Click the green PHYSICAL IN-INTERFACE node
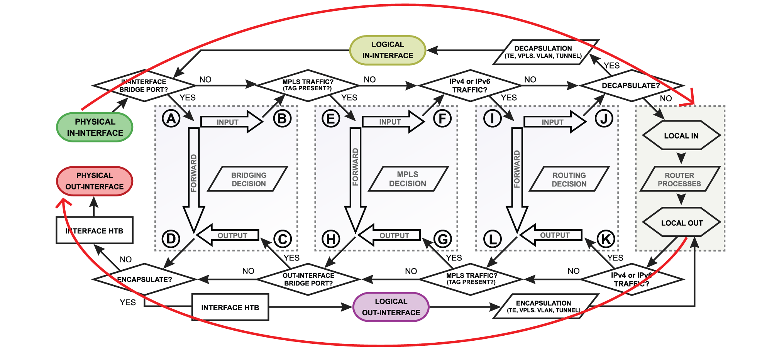[x=95, y=127]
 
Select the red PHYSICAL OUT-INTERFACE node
[x=95, y=181]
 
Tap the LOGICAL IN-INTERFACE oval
[x=388, y=50]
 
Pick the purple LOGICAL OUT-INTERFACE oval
[x=391, y=307]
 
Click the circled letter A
[x=171, y=118]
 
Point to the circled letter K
[x=605, y=239]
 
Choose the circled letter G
[x=442, y=239]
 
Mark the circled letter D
[x=171, y=239]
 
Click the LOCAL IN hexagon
[x=681, y=135]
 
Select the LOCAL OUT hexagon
[x=682, y=223]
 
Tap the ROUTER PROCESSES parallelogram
[x=679, y=179]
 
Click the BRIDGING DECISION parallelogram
[x=249, y=179]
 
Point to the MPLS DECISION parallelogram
[x=408, y=179]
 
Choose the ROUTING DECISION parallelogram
[x=569, y=179]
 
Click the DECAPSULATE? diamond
[x=631, y=86]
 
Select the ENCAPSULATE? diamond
[x=144, y=279]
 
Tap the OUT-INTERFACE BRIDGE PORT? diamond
[x=308, y=279]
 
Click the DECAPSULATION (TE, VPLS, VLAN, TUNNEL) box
[x=543, y=52]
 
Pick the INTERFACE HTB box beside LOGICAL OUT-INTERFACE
[x=230, y=308]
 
